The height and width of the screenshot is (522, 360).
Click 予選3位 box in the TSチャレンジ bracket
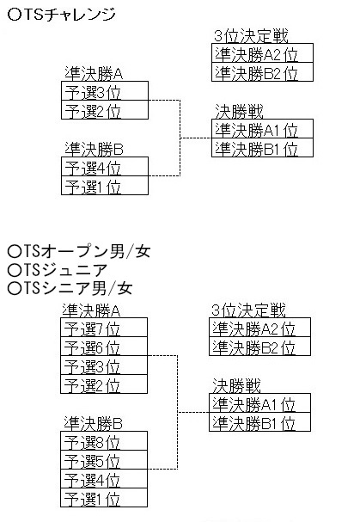pyautogui.click(x=105, y=92)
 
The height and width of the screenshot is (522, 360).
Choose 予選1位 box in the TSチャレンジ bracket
pyautogui.click(x=105, y=186)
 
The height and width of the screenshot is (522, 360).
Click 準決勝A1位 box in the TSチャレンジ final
pyautogui.click(x=261, y=130)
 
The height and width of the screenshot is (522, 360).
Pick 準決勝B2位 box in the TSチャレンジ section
pyautogui.click(x=261, y=73)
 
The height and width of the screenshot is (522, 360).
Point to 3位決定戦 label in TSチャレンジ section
pyautogui.click(x=251, y=36)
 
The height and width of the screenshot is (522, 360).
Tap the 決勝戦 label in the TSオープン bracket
pyautogui.click(x=236, y=386)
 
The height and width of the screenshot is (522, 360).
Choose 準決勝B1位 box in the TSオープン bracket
pyautogui.click(x=259, y=422)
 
